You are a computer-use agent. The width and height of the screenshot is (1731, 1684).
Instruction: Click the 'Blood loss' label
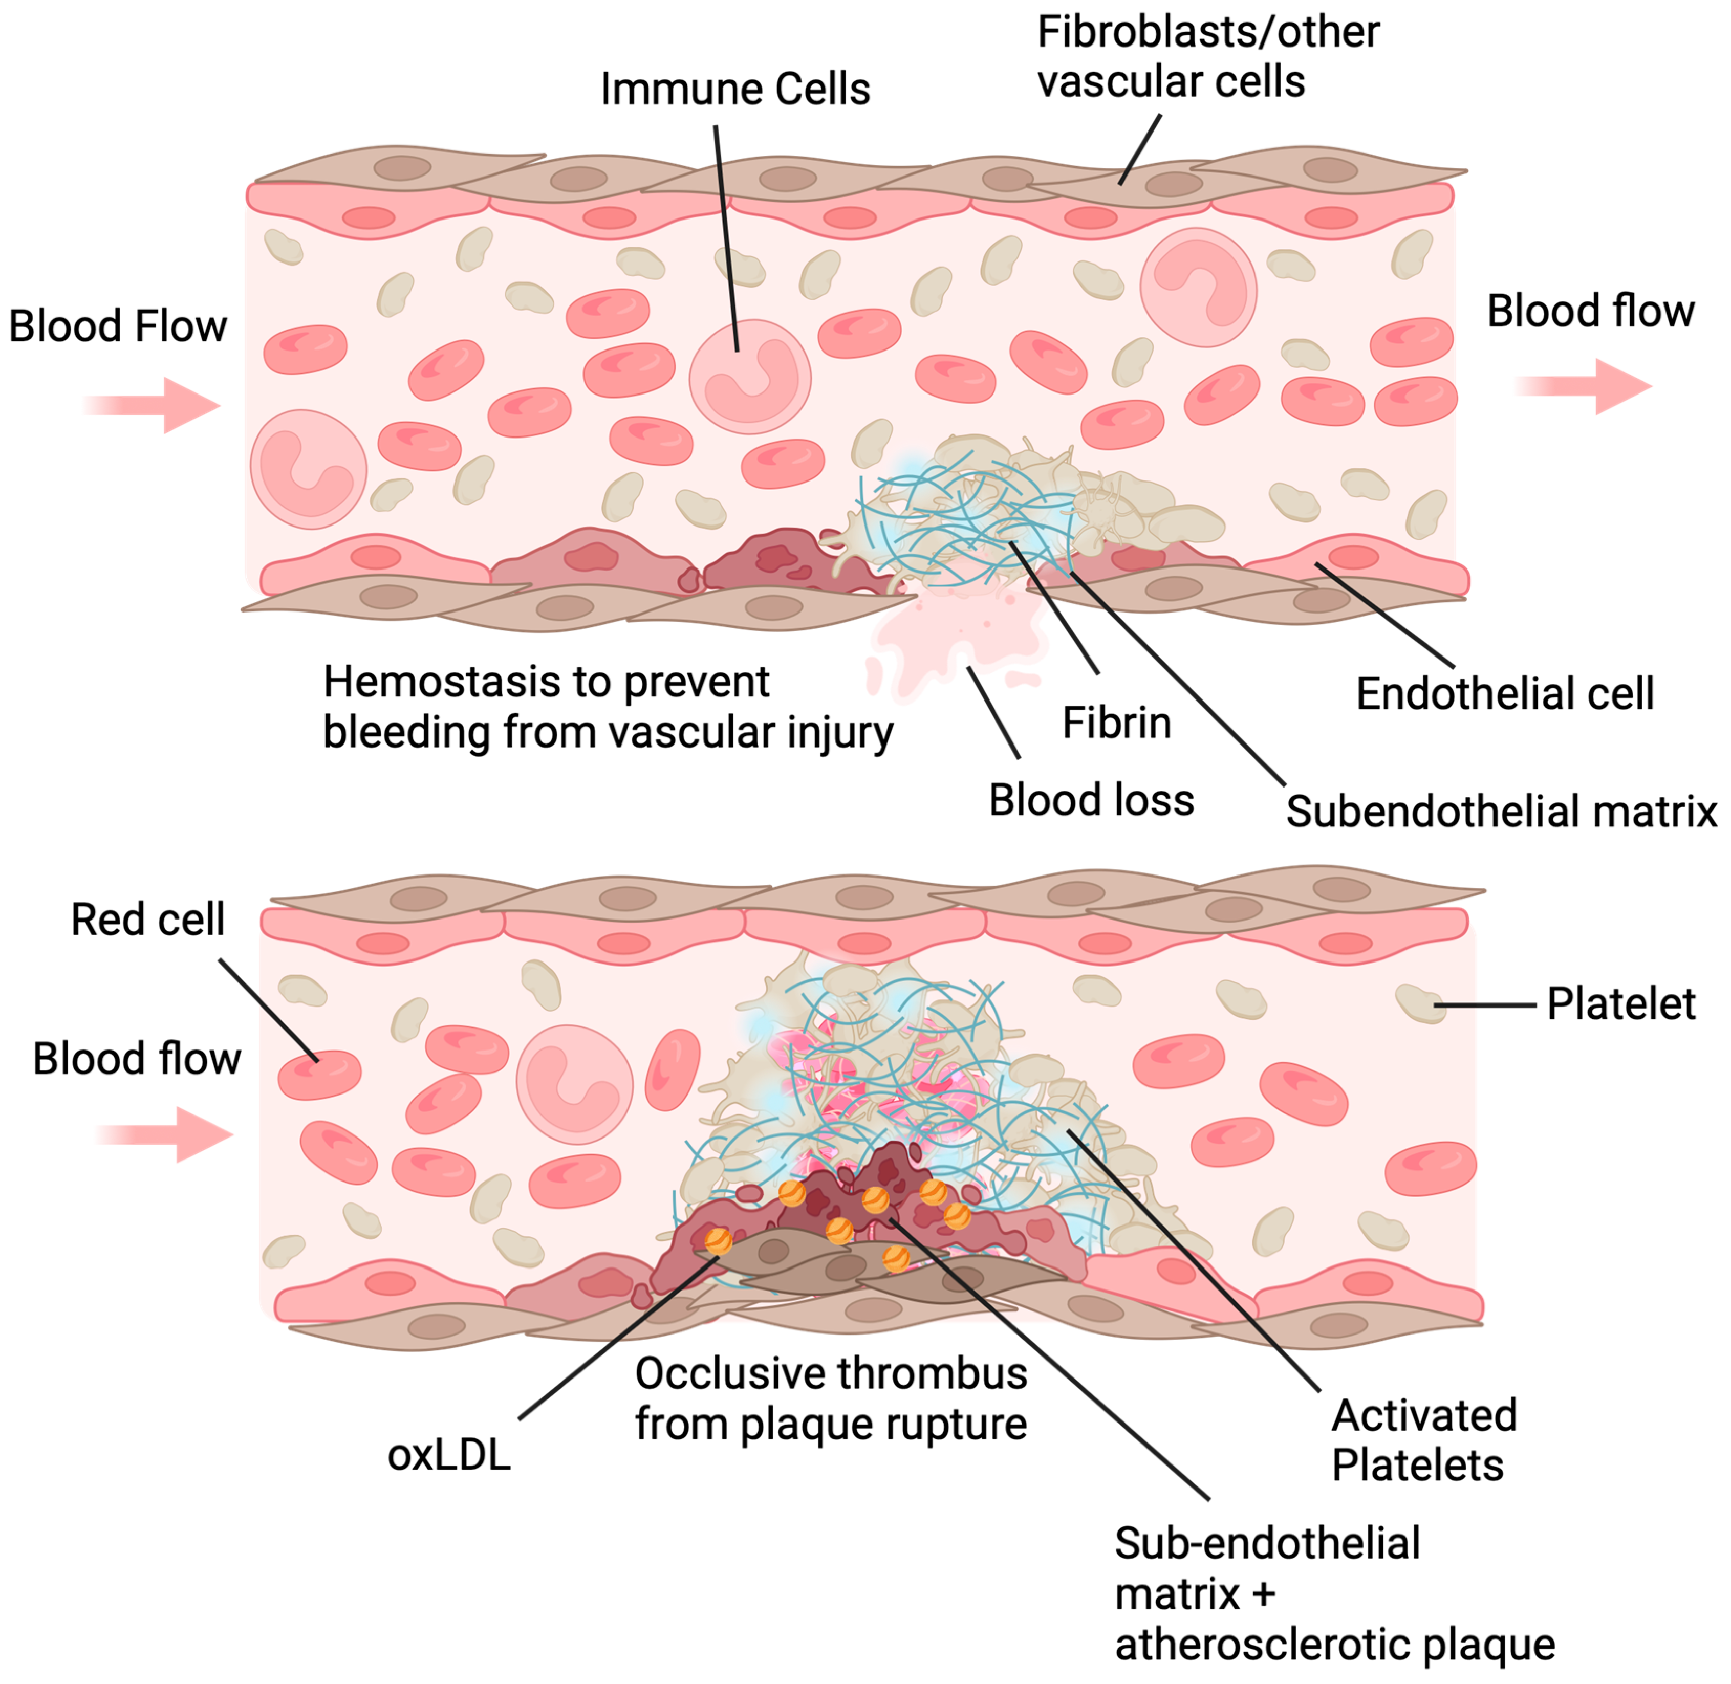point(1091,800)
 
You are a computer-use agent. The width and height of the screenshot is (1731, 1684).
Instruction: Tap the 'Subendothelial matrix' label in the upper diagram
point(1500,811)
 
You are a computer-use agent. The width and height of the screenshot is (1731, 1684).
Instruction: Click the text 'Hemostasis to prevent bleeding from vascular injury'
point(607,707)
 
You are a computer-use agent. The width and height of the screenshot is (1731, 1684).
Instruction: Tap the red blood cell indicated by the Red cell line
point(319,1075)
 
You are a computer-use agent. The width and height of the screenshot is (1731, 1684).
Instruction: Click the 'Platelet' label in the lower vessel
point(1620,1004)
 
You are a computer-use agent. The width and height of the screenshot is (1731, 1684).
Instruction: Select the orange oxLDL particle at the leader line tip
point(718,1241)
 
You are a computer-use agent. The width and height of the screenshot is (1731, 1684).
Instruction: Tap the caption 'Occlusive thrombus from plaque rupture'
point(831,1398)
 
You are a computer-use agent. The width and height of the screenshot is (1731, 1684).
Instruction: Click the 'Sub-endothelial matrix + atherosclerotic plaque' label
point(1334,1594)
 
